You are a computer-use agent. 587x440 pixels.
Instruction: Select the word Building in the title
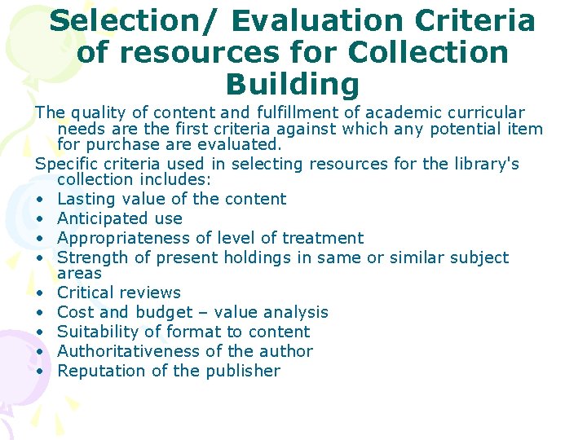pyautogui.click(x=292, y=84)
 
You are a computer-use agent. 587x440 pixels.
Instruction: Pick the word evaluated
pyautogui.click(x=242, y=145)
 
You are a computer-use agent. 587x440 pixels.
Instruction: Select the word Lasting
pyautogui.click(x=89, y=199)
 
